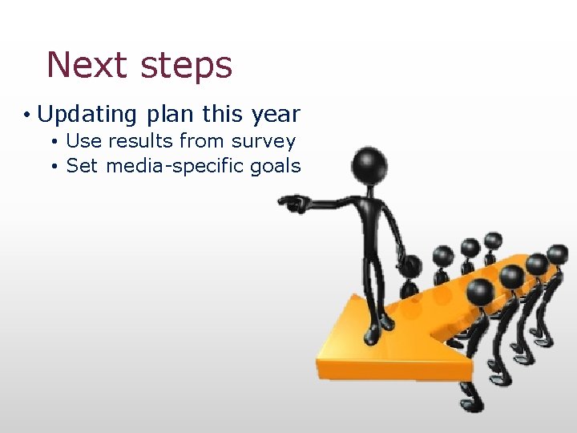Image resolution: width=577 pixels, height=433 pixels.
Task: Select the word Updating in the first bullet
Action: point(87,115)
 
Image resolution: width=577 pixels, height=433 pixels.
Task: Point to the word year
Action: point(275,115)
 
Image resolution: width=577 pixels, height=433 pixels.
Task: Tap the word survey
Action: point(264,143)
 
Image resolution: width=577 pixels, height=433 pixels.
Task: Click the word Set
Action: point(81,166)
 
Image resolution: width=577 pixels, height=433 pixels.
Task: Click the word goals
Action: point(273,167)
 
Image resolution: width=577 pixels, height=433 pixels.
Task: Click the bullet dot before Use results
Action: point(52,142)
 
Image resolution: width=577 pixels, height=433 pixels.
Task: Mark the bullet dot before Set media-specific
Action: point(52,167)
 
